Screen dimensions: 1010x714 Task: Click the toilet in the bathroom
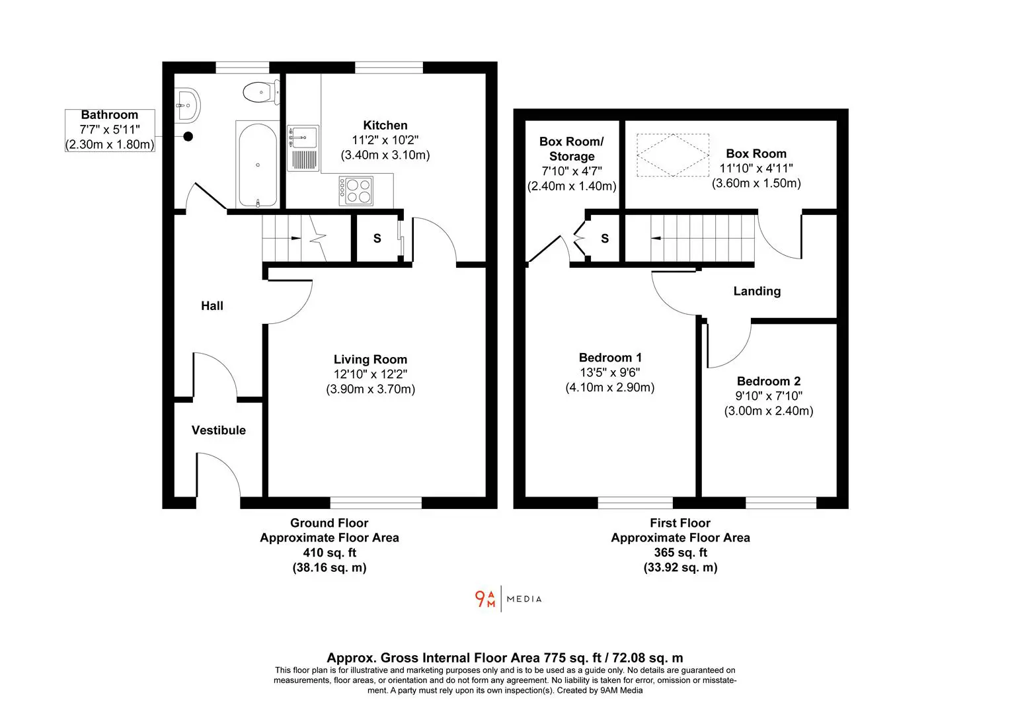261,93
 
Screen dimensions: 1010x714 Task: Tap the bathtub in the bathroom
258,165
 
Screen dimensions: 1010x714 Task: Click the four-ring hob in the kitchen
356,191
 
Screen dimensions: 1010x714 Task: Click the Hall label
212,306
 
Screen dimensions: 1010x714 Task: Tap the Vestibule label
219,430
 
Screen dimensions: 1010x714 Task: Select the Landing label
757,292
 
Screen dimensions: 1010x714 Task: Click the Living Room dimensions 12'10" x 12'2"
370,374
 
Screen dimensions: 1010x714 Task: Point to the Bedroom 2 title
769,381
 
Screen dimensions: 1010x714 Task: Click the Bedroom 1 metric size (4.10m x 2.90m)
610,387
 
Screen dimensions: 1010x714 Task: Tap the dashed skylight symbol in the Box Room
673,155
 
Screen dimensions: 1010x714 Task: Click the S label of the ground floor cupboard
377,238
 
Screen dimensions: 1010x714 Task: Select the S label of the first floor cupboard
605,238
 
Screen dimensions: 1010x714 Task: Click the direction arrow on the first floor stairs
656,238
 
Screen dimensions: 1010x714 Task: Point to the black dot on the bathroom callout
188,136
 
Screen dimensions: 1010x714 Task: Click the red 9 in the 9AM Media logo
480,598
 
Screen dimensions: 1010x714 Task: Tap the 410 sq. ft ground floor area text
330,553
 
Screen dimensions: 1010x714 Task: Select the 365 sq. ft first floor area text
681,553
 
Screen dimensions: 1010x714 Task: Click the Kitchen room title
385,125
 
